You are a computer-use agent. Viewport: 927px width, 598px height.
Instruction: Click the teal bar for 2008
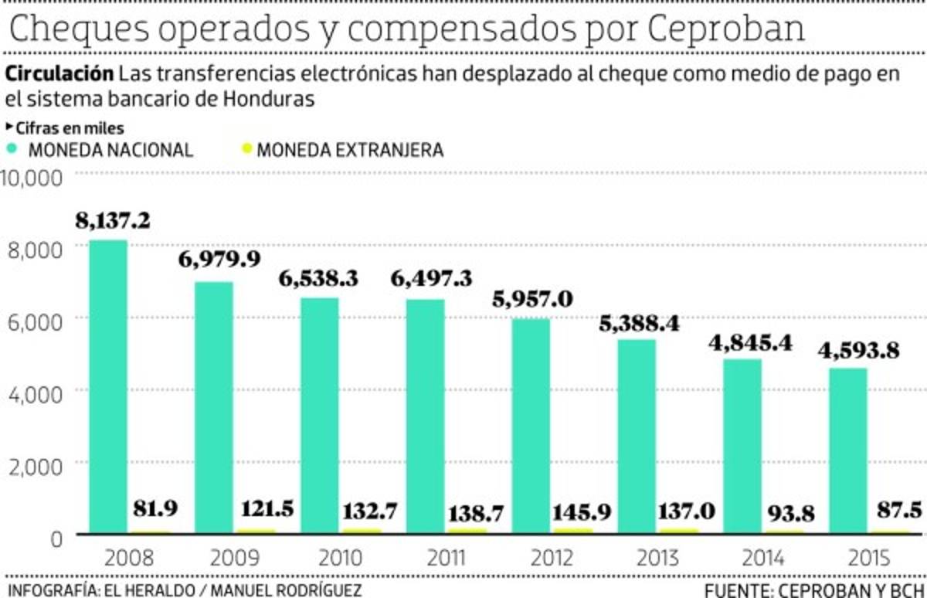click(109, 386)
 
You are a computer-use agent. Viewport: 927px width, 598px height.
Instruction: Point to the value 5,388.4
click(639, 323)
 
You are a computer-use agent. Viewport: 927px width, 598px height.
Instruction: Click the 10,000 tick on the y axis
click(32, 178)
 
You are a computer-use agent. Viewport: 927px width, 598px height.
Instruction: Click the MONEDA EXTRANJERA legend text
click(350, 150)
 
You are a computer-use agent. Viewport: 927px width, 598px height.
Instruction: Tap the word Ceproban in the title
click(725, 29)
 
